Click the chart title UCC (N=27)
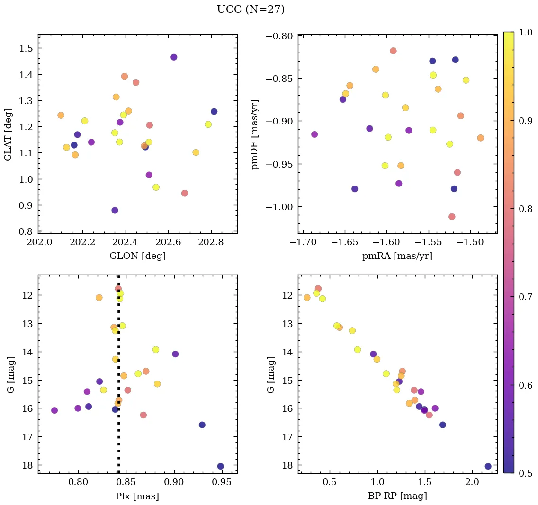pyautogui.click(x=251, y=9)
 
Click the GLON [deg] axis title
pyautogui.click(x=137, y=256)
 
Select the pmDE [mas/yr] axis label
pyautogui.click(x=256, y=134)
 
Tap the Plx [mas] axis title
pyautogui.click(x=137, y=496)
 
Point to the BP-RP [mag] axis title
pyautogui.click(x=397, y=496)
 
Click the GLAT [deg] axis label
pyautogui.click(x=8, y=134)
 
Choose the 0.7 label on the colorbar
pyautogui.click(x=524, y=296)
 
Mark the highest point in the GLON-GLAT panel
pyautogui.click(x=174, y=57)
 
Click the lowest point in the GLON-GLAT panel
pyautogui.click(x=115, y=210)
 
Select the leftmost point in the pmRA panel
pyautogui.click(x=314, y=134)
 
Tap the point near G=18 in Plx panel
pyautogui.click(x=220, y=466)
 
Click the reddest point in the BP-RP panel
pyautogui.click(x=488, y=466)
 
